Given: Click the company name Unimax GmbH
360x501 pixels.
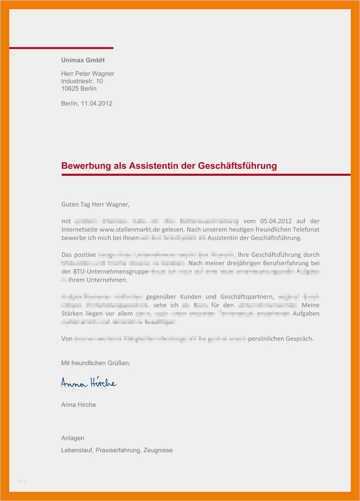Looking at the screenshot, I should click(x=83, y=60).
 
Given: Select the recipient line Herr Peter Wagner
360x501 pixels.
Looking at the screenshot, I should click(x=87, y=74).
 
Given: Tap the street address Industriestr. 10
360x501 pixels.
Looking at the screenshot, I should click(x=82, y=81).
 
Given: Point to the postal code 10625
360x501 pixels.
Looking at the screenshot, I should click(x=70, y=89).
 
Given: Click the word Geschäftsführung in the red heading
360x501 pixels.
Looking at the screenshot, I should click(x=238, y=166).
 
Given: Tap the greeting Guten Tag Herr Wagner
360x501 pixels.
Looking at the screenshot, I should click(x=96, y=204).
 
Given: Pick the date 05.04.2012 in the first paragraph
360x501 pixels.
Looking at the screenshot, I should click(x=275, y=221).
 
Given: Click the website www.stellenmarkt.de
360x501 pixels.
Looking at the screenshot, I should click(x=126, y=229).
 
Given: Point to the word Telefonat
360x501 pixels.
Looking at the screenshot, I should click(x=306, y=229).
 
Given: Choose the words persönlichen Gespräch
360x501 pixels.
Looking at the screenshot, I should click(x=281, y=339).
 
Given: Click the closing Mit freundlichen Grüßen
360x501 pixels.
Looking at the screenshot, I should click(x=95, y=363).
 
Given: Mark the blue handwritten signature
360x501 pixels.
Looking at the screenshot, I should click(x=89, y=383).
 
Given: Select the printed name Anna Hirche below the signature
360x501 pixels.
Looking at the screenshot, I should click(x=78, y=404).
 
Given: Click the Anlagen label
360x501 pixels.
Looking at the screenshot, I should click(x=72, y=438).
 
